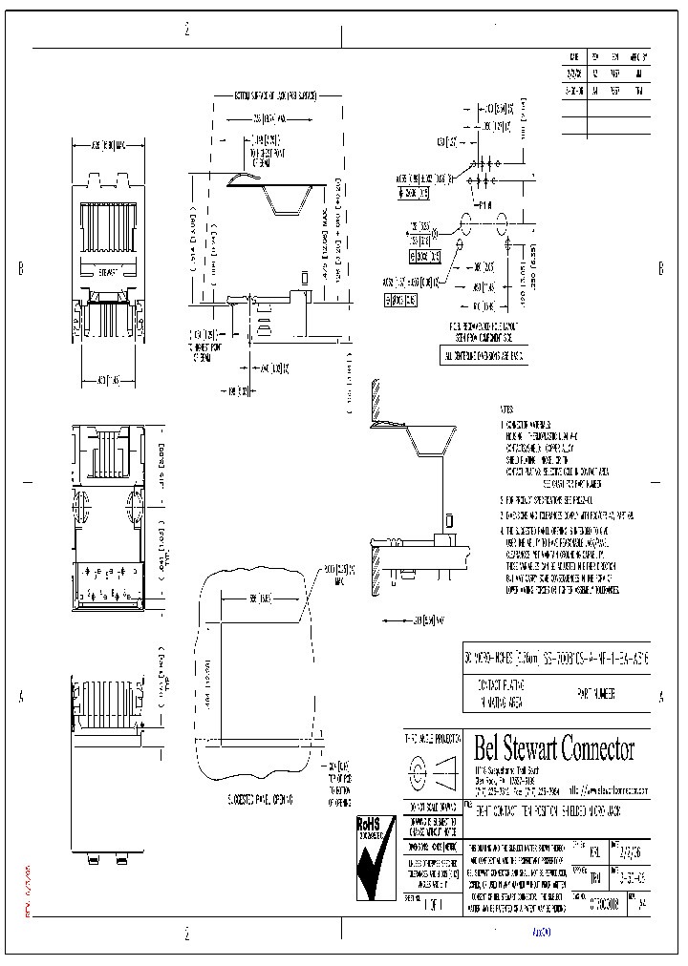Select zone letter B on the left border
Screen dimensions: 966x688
pyautogui.click(x=20, y=269)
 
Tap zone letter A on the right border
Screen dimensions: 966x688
pyautogui.click(x=660, y=698)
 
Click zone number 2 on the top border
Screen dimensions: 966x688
pyautogui.click(x=186, y=30)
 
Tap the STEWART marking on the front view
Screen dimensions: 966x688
pyautogui.click(x=107, y=271)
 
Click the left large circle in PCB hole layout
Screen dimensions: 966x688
pyautogui.click(x=467, y=220)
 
